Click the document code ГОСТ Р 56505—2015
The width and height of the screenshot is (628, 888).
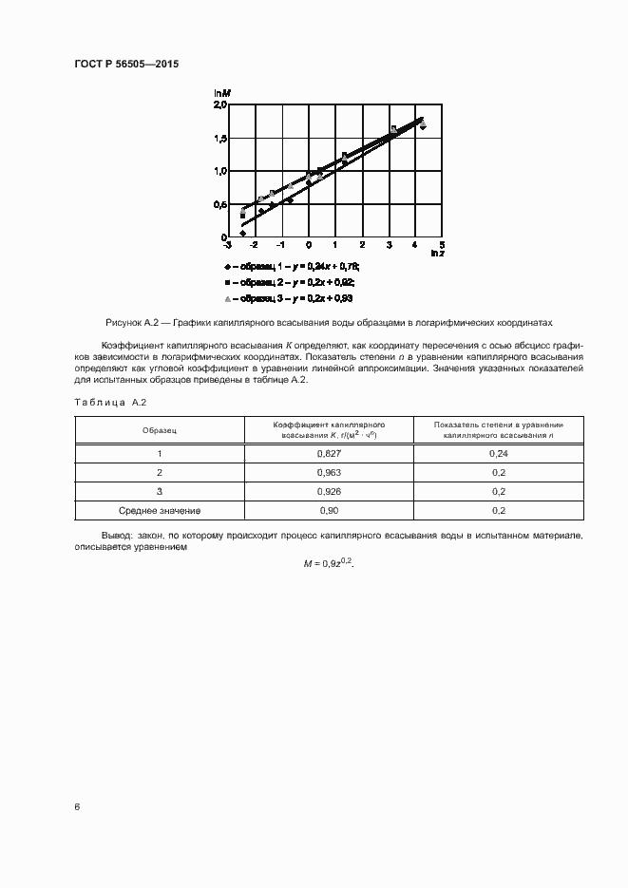coord(126,64)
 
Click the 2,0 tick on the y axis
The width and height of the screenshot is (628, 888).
coord(219,106)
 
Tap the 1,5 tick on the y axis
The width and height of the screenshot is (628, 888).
coord(219,140)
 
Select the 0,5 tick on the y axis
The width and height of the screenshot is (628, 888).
coord(219,205)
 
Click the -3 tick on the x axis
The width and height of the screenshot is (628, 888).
coord(229,245)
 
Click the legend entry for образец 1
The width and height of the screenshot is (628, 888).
coord(291,267)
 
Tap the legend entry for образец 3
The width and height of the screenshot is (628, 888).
coord(289,299)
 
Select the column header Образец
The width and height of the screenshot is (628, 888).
coord(160,430)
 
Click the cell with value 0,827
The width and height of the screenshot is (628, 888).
coord(329,454)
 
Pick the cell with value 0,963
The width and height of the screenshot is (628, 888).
coord(329,472)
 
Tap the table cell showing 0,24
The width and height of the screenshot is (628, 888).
coord(499,454)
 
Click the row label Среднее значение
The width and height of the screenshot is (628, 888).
coord(160,510)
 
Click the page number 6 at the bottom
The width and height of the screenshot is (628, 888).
coord(77,806)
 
